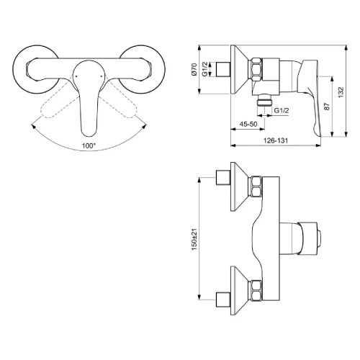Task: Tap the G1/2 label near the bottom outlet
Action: coord(282,109)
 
